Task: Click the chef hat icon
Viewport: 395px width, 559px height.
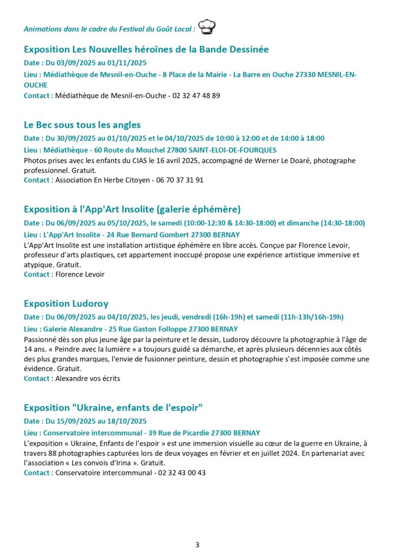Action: coord(207,26)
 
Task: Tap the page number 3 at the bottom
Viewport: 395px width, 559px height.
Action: coord(197,544)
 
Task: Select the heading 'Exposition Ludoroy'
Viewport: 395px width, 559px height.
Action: coord(66,304)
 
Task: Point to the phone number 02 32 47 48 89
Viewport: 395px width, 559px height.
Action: coord(196,96)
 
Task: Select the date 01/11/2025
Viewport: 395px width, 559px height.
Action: coord(128,63)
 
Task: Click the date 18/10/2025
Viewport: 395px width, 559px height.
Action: coord(128,421)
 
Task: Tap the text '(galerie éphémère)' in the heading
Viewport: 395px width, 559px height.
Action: coord(195,209)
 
